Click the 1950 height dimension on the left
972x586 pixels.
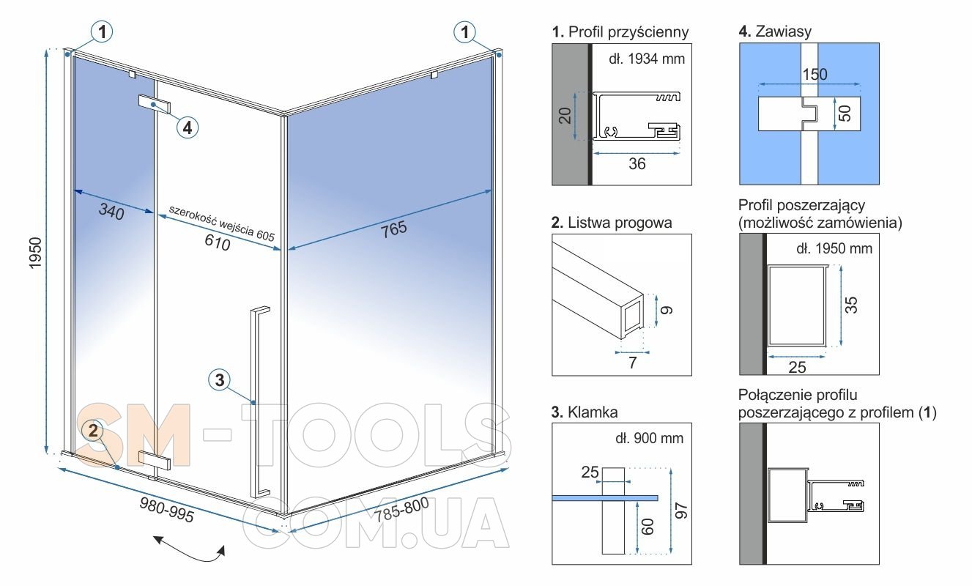[35, 253]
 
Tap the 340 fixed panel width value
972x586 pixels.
[111, 212]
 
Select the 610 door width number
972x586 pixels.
[218, 242]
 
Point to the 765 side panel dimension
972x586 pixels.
[394, 229]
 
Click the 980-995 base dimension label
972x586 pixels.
[166, 510]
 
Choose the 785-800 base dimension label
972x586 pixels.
[402, 509]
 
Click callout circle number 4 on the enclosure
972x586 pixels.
[188, 127]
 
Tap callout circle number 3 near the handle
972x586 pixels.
[220, 380]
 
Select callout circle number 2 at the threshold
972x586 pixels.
[93, 431]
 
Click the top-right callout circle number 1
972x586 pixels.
[464, 31]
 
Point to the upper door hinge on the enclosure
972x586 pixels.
[154, 104]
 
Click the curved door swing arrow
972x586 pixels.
[189, 549]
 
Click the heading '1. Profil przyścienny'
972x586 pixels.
[620, 31]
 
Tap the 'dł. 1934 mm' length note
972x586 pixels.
[647, 59]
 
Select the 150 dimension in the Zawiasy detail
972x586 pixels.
[815, 74]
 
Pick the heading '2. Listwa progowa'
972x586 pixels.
[612, 223]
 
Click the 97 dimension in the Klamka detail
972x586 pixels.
[680, 511]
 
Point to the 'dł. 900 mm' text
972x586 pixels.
[649, 438]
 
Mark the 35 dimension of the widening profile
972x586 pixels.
[851, 305]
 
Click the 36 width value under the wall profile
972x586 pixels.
[637, 163]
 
